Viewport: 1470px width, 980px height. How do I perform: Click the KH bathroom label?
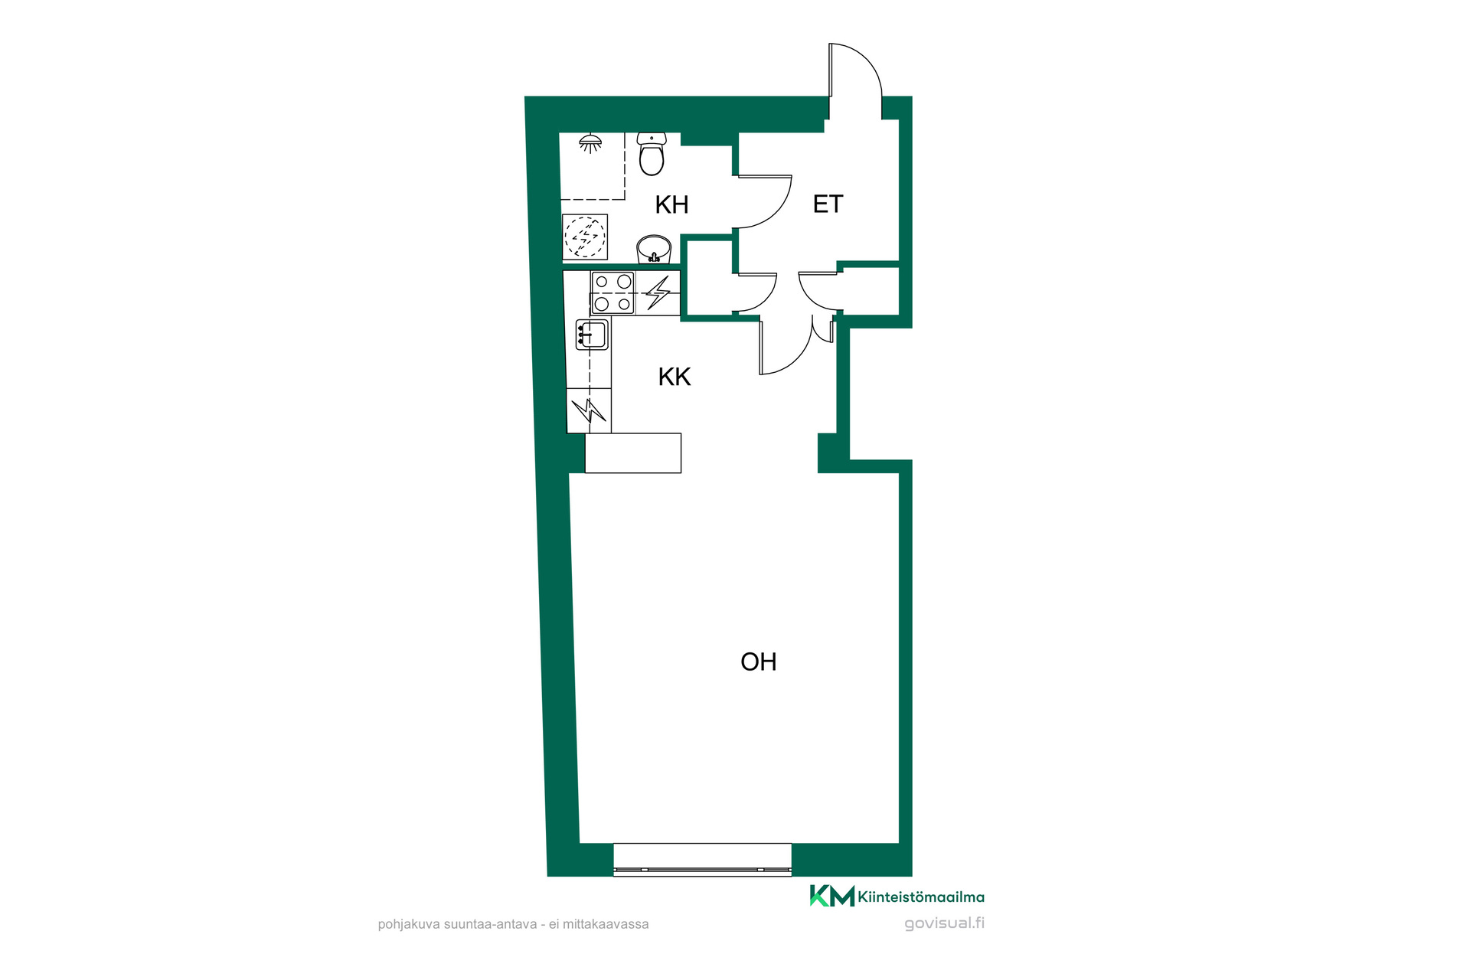(671, 204)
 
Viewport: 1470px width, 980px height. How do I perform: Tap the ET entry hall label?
(828, 204)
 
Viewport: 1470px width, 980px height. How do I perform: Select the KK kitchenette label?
(675, 377)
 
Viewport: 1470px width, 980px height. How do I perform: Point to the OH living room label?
(759, 661)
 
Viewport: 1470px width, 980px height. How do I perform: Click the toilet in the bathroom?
(652, 153)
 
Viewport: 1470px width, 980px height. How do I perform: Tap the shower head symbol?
(590, 143)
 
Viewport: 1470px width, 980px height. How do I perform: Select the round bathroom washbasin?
(654, 249)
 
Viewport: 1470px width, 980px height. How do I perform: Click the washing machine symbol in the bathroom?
(585, 237)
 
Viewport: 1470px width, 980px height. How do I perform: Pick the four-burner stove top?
(612, 293)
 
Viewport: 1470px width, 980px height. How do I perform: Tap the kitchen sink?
(592, 335)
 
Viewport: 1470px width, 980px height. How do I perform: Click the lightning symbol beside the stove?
(658, 292)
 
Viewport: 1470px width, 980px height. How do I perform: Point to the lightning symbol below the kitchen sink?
(589, 411)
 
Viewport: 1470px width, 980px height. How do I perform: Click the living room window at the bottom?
(702, 860)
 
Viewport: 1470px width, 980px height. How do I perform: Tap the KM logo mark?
(831, 896)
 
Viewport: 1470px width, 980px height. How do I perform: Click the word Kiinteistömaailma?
(921, 897)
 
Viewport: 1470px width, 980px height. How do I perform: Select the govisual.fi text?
(945, 923)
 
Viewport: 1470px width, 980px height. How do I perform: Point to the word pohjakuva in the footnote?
(409, 924)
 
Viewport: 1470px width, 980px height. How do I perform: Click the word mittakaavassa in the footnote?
(606, 924)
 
